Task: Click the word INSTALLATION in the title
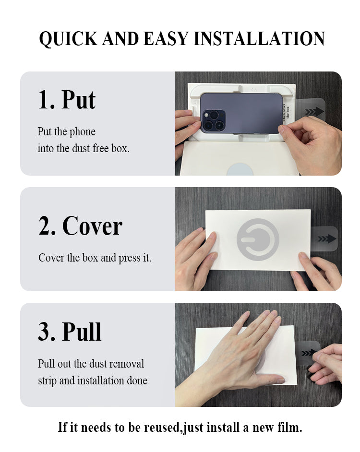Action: [259, 39]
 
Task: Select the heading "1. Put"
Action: [67, 99]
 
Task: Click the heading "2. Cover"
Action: [80, 226]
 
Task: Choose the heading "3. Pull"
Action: [70, 332]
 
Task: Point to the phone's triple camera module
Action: [213, 121]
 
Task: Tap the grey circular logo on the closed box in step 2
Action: [258, 239]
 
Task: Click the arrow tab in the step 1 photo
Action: [314, 112]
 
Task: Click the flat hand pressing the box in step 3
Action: [250, 345]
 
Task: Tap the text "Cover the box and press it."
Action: [95, 258]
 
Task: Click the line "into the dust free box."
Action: [84, 148]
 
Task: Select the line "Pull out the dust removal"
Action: [91, 364]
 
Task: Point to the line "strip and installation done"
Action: [92, 381]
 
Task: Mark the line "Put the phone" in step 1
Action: [66, 131]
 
